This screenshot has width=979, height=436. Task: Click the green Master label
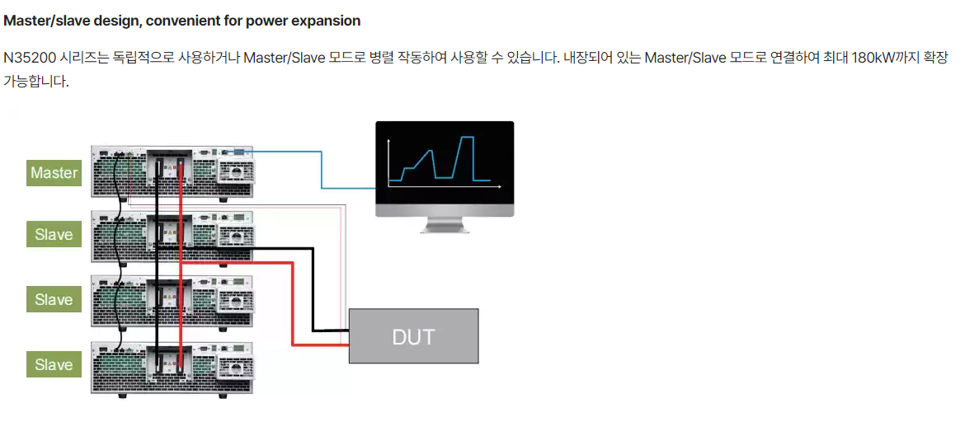click(x=54, y=173)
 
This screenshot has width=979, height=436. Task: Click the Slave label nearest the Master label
click(x=54, y=235)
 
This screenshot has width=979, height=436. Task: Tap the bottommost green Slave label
click(x=54, y=364)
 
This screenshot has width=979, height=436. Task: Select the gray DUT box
click(x=413, y=336)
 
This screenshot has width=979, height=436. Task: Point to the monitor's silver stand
click(x=445, y=224)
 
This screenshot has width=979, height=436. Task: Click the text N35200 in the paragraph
click(x=27, y=59)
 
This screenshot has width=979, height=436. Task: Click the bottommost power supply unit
click(x=172, y=368)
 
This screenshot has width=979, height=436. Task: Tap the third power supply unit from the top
click(x=172, y=302)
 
